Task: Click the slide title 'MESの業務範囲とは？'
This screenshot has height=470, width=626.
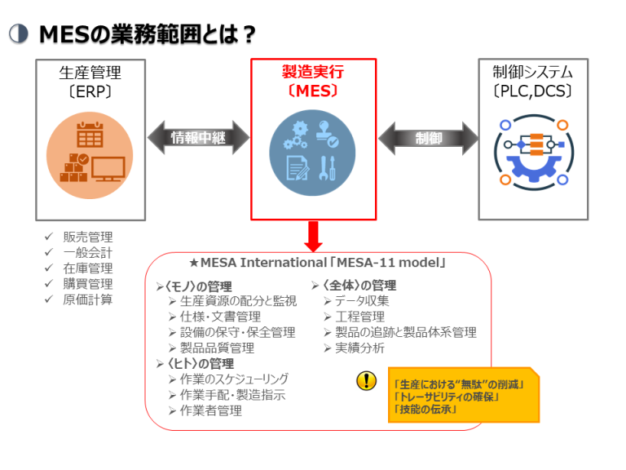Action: point(148,33)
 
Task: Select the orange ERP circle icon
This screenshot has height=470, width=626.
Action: point(90,154)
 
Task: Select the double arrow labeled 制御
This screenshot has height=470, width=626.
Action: point(428,138)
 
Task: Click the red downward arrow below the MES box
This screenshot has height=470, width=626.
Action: point(313,236)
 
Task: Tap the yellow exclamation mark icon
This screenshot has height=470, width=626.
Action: point(367,380)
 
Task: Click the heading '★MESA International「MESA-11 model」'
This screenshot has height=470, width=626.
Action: point(317,264)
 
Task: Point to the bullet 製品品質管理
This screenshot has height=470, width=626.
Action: point(217,348)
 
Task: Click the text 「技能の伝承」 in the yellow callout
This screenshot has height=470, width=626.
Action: point(425,409)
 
